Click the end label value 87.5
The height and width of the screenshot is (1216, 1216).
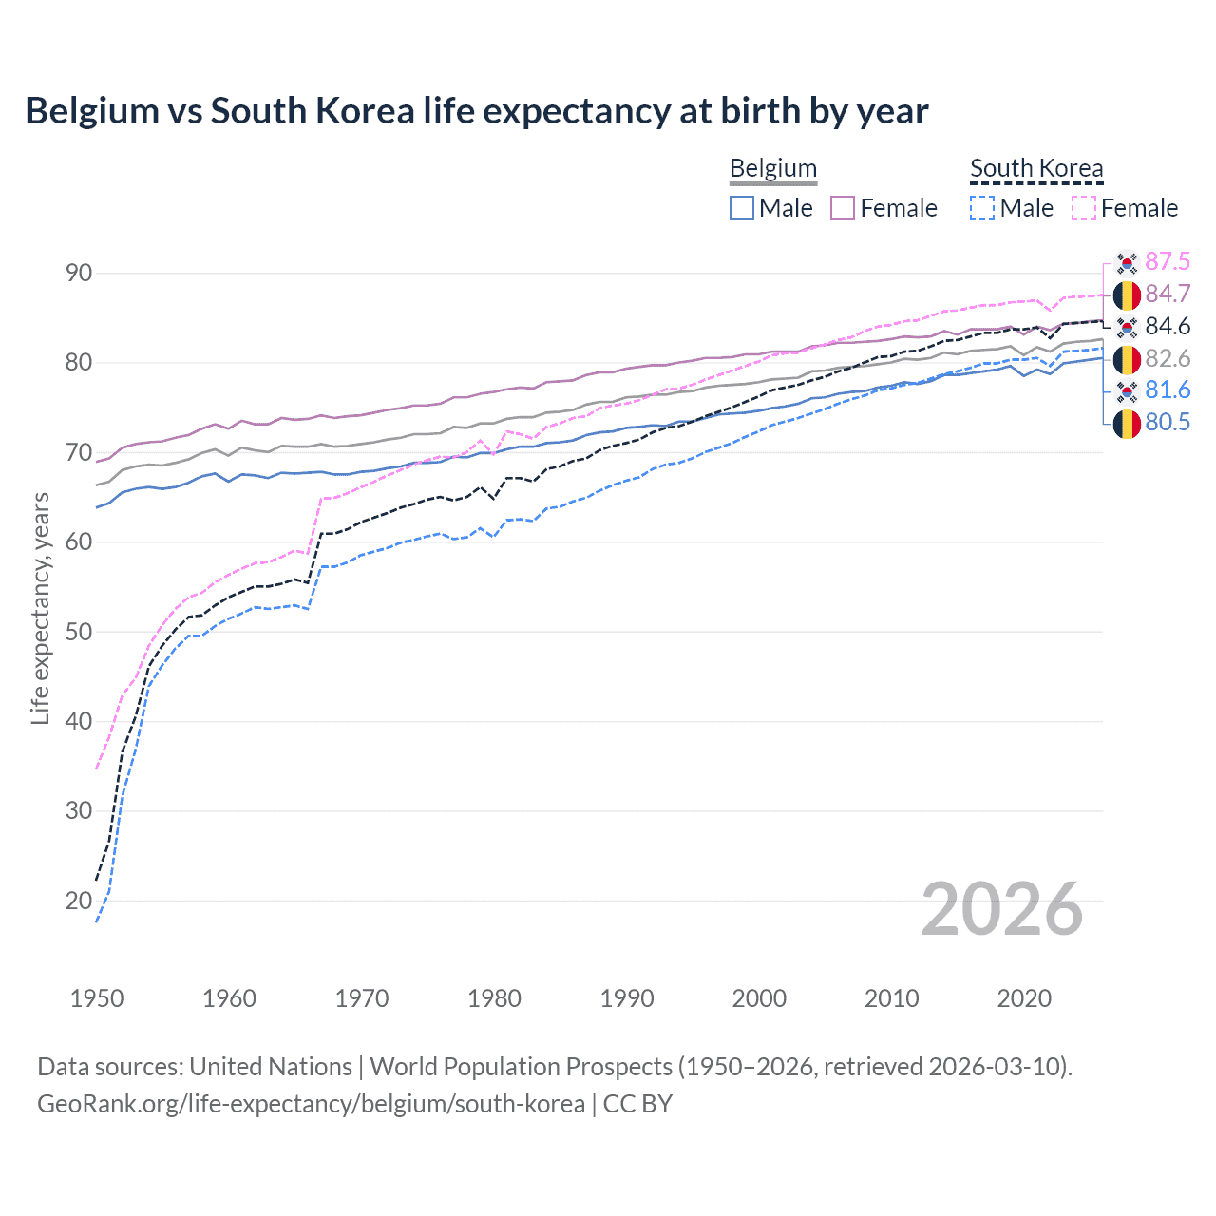pos(1168,261)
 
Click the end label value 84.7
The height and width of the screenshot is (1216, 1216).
pos(1168,294)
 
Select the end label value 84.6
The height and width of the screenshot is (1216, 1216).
pos(1168,326)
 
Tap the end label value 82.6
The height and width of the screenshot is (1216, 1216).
pos(1168,358)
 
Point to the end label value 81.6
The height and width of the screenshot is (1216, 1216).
pos(1168,389)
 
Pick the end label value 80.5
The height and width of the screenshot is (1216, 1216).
pos(1168,422)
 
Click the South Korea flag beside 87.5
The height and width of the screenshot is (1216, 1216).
pos(1127,262)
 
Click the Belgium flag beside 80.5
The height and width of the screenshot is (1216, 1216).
pos(1127,424)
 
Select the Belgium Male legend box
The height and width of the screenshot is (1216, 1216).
pos(742,208)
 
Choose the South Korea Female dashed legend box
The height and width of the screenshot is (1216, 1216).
pos(1084,208)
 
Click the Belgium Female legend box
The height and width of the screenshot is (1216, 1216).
pos(843,208)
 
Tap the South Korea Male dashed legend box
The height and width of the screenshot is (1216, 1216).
pos(982,208)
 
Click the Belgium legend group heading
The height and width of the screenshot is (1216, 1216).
pos(773,168)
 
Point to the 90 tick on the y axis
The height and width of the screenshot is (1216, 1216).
pos(79,273)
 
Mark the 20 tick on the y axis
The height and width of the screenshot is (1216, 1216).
pos(79,900)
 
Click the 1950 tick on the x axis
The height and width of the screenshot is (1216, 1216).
pos(97,998)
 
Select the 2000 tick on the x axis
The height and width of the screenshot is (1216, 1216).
pos(759,998)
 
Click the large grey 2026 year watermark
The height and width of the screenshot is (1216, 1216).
pos(1001,909)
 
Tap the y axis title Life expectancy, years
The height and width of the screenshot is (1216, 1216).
pos(40,608)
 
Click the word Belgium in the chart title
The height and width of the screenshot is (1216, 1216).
pos(92,111)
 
